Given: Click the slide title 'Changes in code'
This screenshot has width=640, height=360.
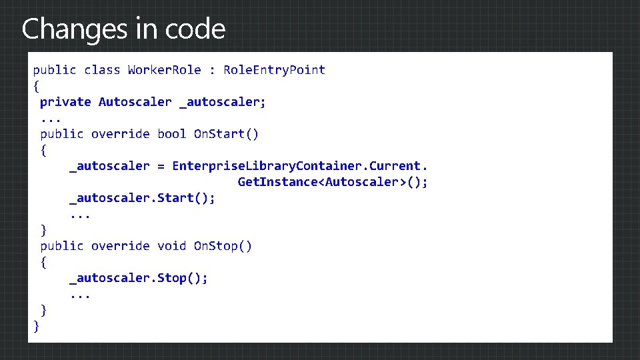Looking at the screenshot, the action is coord(123,29).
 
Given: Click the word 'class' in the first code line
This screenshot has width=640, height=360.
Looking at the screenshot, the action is coord(102,70).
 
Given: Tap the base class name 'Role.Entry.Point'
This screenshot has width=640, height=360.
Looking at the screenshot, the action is coord(274,70).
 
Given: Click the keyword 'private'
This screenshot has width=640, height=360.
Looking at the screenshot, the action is coord(65,102).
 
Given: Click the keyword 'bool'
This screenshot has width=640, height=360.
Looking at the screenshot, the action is coord(171,134).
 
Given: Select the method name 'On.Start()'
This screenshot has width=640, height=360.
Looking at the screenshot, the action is coord(226,134).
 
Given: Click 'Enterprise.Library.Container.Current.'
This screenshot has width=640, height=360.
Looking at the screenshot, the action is coord(300,166).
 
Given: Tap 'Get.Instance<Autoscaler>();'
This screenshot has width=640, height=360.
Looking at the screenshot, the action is coord(333,182).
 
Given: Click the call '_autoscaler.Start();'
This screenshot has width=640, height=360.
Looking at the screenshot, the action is coord(142,198).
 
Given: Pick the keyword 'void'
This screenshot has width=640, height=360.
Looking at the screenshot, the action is coord(171,246).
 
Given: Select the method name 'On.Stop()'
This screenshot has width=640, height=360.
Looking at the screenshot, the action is coord(223,246).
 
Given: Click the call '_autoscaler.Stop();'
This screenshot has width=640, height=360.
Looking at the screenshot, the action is coord(139,278).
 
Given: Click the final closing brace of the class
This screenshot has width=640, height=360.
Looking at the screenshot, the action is coord(36,326).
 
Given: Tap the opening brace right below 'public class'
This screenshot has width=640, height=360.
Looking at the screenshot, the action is coord(36,86).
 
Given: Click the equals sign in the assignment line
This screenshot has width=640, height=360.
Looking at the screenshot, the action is coord(161,166).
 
